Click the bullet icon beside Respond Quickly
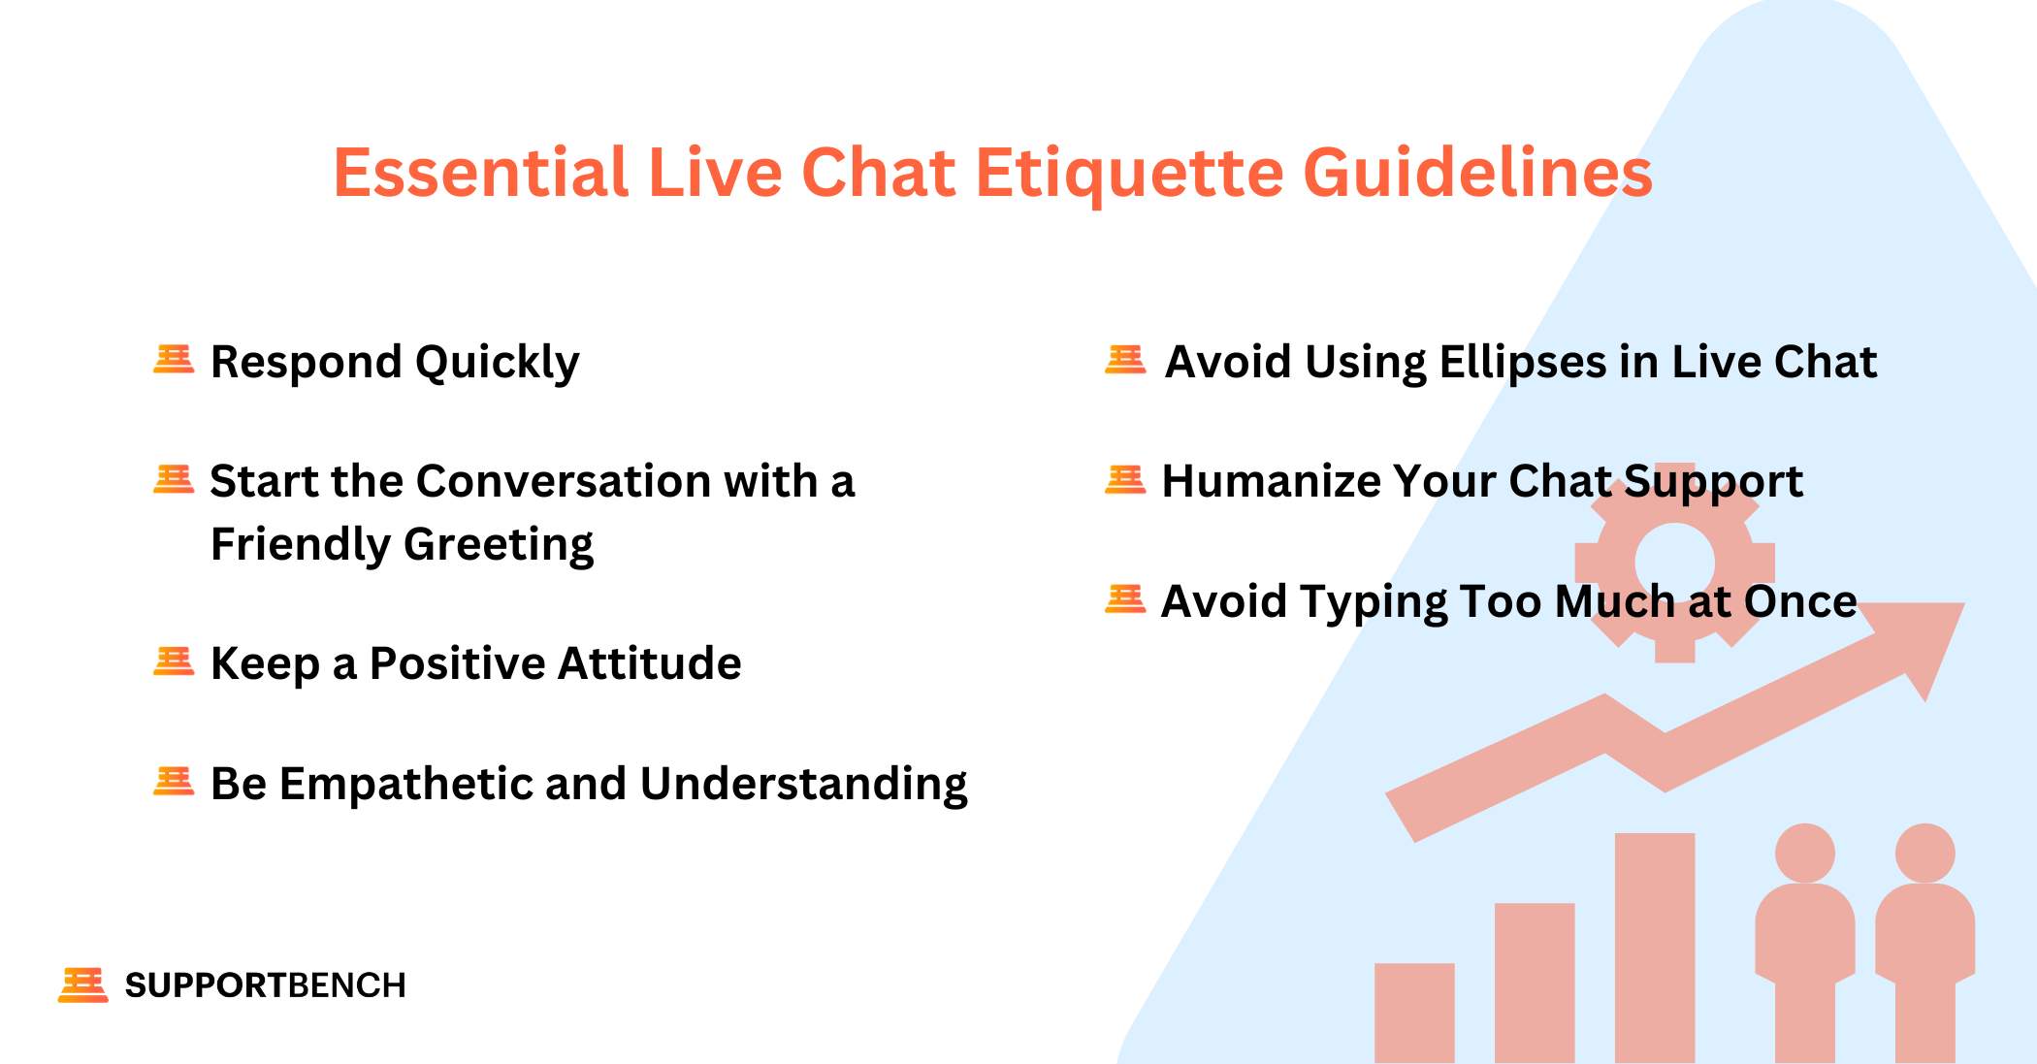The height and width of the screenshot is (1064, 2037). (174, 360)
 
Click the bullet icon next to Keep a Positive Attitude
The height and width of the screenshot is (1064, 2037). (174, 661)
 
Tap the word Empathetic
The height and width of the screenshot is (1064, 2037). (404, 785)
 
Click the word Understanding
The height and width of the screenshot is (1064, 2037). (803, 785)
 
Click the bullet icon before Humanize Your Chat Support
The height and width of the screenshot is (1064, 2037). (1125, 480)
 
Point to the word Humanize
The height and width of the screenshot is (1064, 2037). (1270, 482)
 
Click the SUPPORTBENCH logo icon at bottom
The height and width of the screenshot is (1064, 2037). (83, 984)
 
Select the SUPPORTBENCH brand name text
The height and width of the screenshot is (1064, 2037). (265, 985)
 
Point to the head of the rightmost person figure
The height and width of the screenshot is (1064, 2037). (1924, 853)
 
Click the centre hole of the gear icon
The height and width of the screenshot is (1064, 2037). (1674, 563)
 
